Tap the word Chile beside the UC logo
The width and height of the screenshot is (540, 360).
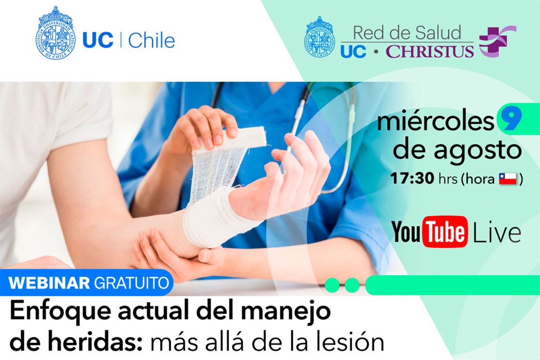151,41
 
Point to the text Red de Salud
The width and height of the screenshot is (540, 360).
407,33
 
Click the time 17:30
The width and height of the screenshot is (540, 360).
412,179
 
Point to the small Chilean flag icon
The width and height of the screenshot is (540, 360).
508,179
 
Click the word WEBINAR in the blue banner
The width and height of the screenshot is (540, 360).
49,283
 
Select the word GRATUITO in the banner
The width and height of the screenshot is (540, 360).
131,283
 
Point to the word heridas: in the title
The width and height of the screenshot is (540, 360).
95,342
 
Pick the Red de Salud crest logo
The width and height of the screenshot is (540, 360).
319,37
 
